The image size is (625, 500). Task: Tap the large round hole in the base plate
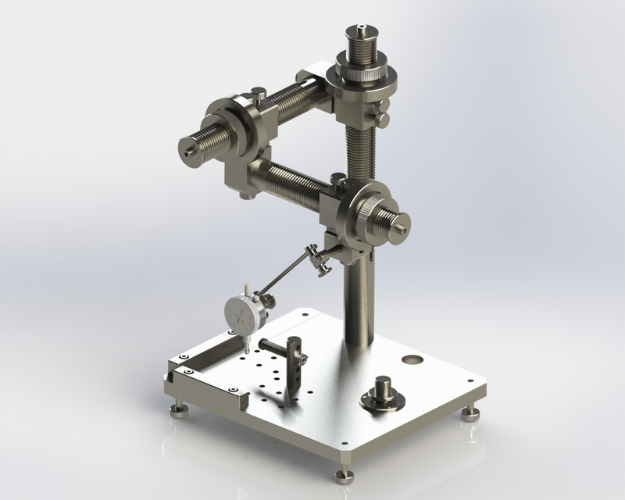(x=411, y=361)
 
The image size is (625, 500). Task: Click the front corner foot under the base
(x=342, y=473)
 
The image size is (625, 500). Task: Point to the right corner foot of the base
(x=473, y=412)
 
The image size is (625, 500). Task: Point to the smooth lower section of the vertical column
(x=360, y=305)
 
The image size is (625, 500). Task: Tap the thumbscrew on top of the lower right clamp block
(x=334, y=180)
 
